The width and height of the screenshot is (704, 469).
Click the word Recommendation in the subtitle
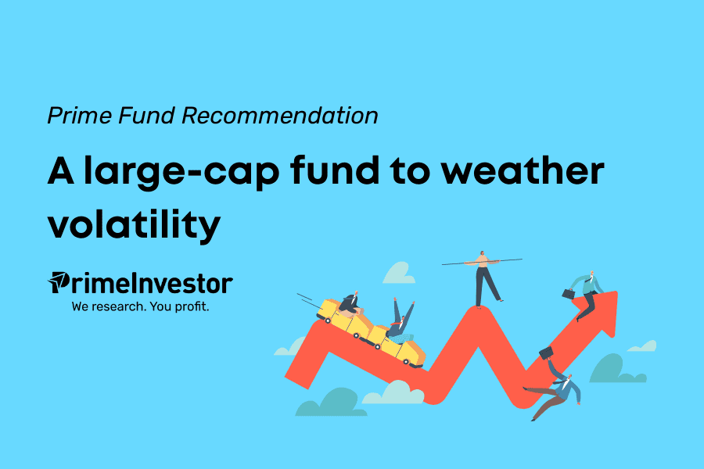click(x=280, y=116)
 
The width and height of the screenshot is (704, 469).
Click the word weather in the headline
click(x=523, y=170)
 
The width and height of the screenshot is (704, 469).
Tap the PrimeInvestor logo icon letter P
click(x=59, y=282)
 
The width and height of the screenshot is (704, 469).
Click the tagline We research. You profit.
click(x=140, y=306)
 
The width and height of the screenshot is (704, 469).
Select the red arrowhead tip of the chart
click(x=617, y=292)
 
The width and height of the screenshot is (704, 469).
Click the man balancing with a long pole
click(x=483, y=278)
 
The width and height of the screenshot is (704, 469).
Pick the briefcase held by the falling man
click(x=546, y=353)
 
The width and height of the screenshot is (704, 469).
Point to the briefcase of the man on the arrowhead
click(x=569, y=294)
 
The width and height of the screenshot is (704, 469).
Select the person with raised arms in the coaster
click(x=401, y=320)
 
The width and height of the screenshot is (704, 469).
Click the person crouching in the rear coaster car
click(x=350, y=304)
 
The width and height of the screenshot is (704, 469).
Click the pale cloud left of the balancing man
click(x=399, y=274)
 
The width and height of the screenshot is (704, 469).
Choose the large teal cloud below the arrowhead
click(x=617, y=369)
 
